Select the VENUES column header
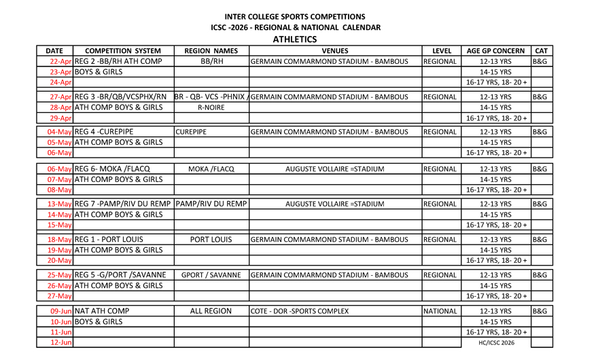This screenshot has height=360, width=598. pyautogui.click(x=335, y=51)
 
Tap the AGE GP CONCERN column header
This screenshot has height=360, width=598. pyautogui.click(x=495, y=51)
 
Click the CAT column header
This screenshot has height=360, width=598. pyautogui.click(x=541, y=51)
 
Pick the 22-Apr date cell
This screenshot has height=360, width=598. pyautogui.click(x=61, y=61)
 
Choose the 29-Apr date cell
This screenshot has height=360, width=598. pyautogui.click(x=61, y=118)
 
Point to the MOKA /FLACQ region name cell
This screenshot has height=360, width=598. pyautogui.click(x=211, y=168)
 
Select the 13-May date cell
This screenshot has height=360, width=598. pyautogui.click(x=60, y=204)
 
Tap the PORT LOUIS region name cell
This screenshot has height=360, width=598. pyautogui.click(x=211, y=240)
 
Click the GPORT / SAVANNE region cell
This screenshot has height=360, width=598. pyautogui.click(x=211, y=275)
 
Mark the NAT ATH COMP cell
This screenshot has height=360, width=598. pyautogui.click(x=102, y=311)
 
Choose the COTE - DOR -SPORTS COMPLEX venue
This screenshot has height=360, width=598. pyautogui.click(x=300, y=311)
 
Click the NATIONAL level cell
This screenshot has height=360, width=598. pyautogui.click(x=440, y=311)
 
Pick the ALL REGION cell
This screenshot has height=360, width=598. pyautogui.click(x=211, y=311)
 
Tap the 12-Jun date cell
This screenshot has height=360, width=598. pyautogui.click(x=61, y=342)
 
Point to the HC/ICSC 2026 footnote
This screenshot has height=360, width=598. pyautogui.click(x=496, y=343)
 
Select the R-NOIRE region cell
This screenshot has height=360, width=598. pyautogui.click(x=211, y=107)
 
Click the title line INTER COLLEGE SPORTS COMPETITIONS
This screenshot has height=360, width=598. pyautogui.click(x=295, y=16)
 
